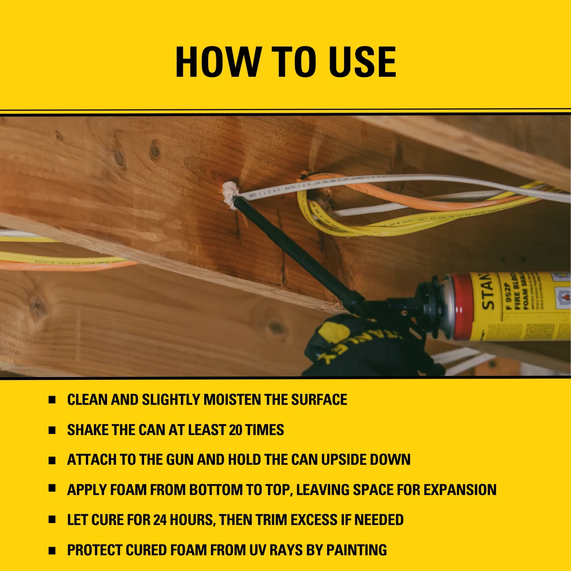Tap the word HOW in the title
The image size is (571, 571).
click(218, 62)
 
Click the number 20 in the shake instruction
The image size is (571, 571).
click(236, 430)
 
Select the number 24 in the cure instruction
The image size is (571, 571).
click(160, 520)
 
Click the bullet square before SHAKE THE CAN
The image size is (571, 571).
click(52, 430)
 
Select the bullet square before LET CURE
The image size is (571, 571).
click(52, 520)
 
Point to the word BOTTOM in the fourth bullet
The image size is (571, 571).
click(216, 490)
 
